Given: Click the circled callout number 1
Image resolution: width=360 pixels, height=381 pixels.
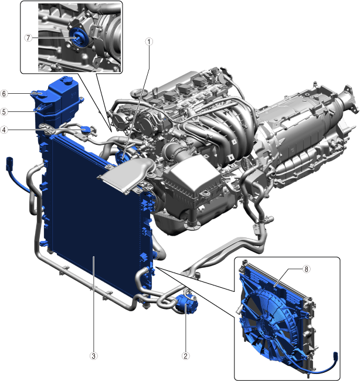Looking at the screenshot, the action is [x=149, y=42].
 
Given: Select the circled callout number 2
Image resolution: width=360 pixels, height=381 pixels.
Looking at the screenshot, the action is [x=185, y=356].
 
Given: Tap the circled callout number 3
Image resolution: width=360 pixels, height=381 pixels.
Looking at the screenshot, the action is [x=94, y=356].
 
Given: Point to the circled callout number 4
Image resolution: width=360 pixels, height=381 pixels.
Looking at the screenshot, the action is [x=4, y=130].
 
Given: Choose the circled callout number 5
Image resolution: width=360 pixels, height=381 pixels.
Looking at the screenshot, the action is [x=4, y=112].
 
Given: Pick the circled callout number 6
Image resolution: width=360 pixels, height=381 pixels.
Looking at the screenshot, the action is [x=4, y=94].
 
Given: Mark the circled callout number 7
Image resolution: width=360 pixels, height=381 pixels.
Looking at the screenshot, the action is [x=29, y=38].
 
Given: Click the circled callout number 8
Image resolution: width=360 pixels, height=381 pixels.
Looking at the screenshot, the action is [x=306, y=269].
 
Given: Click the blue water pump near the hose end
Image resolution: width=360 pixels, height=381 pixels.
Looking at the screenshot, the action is [x=186, y=304].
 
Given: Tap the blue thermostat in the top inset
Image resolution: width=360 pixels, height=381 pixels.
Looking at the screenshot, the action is [x=78, y=38].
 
